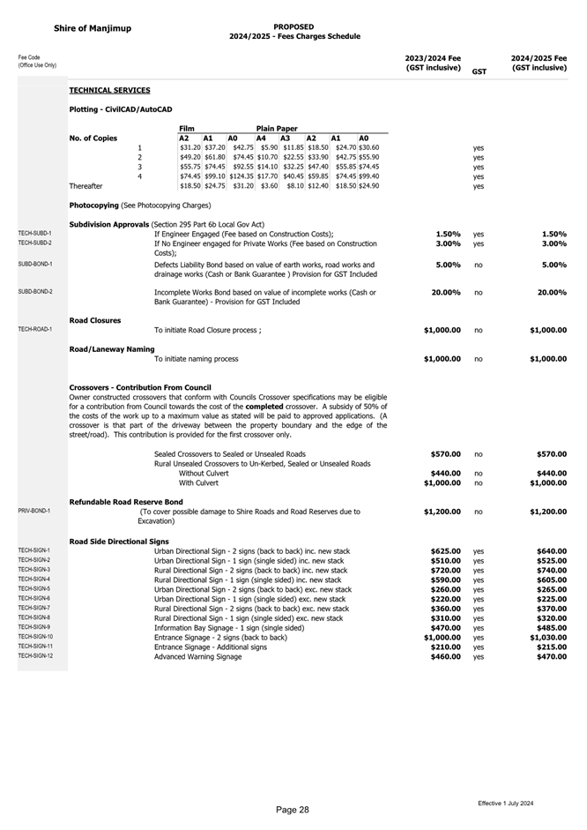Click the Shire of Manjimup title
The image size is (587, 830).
[92, 28]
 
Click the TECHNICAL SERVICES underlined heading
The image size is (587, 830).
[109, 91]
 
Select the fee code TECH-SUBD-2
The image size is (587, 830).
[34, 243]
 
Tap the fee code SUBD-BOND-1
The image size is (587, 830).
[34, 264]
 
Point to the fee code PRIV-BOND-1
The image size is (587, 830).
[34, 511]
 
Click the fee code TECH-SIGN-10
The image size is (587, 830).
[36, 637]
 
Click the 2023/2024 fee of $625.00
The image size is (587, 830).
[445, 550]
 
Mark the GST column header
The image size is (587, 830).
[479, 71]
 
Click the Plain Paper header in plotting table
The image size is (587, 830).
[277, 128]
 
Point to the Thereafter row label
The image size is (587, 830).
[85, 186]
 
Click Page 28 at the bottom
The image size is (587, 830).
[292, 809]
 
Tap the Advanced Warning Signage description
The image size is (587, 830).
[197, 656]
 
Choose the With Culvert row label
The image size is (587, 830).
[198, 482]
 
